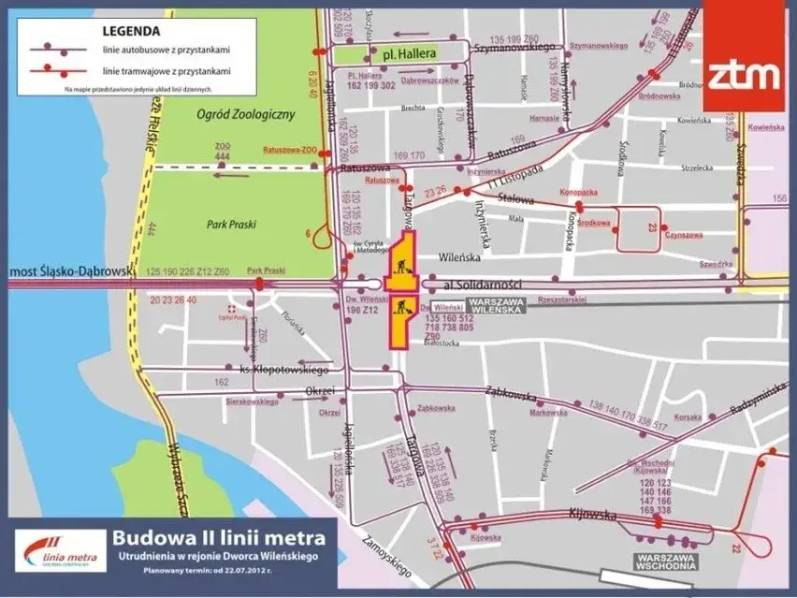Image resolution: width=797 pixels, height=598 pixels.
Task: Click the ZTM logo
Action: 743,72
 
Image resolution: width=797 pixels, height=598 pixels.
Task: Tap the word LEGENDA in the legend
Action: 130,29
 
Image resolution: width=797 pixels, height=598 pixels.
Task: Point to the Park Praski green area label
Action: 231,225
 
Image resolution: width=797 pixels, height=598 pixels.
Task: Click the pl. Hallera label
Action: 405,54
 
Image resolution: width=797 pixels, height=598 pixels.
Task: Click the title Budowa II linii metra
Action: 219,538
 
